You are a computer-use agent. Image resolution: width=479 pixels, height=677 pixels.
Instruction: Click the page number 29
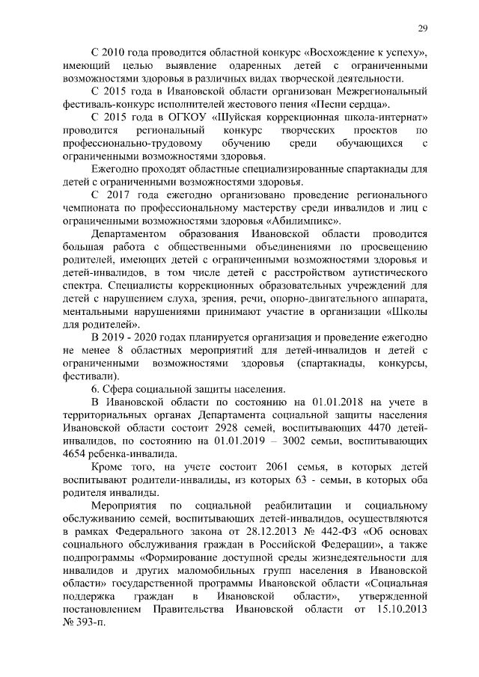pyautogui.click(x=422, y=28)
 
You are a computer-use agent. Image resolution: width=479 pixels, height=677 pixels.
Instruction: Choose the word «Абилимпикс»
pyautogui.click(x=308, y=221)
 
